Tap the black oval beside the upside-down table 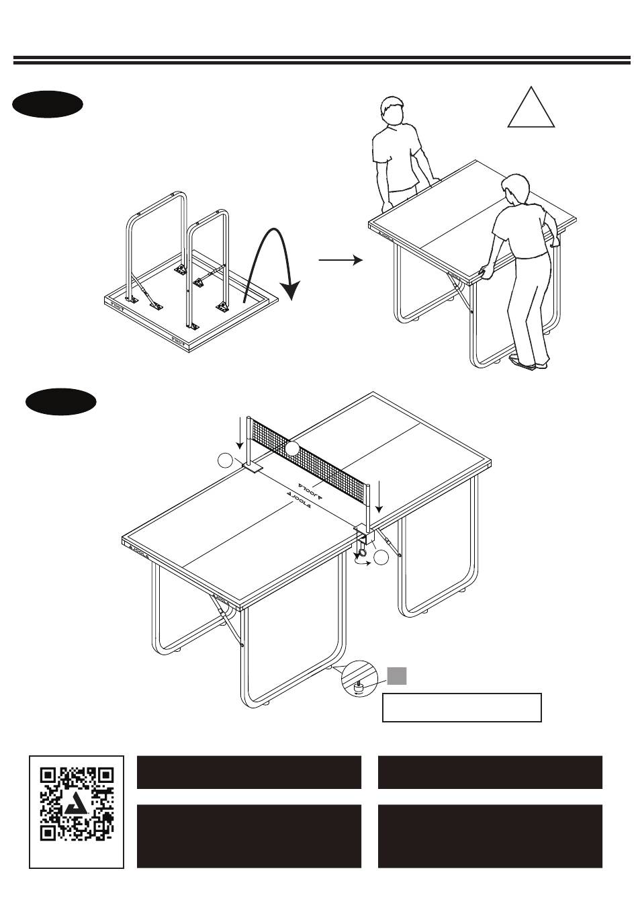coord(48,106)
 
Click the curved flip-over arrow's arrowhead coord(290,290)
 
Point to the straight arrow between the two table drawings coord(340,259)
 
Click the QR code coord(77,811)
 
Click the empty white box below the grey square coord(461,707)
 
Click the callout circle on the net coord(291,449)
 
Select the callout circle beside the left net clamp coord(226,460)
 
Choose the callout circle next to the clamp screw coord(381,557)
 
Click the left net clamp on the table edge coord(255,468)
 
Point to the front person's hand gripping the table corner coord(485,272)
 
